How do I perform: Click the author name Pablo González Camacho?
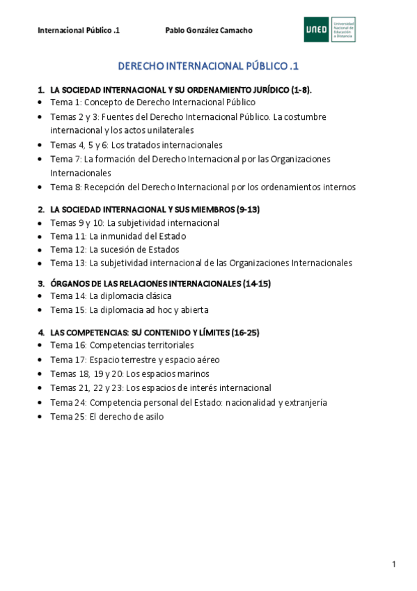pyautogui.click(x=208, y=31)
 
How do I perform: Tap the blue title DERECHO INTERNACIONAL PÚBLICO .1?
pyautogui.click(x=208, y=67)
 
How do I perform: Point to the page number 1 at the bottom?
pyautogui.click(x=394, y=564)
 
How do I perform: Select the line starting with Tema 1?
pyautogui.click(x=152, y=102)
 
